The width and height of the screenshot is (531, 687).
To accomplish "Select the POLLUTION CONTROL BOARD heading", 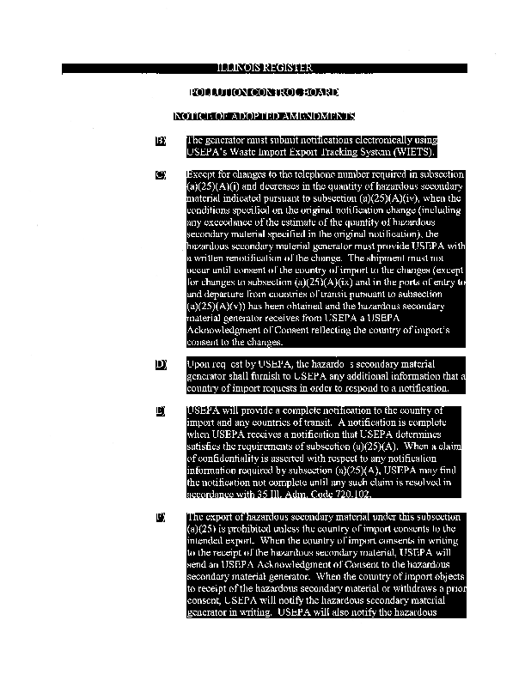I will [x=264, y=92].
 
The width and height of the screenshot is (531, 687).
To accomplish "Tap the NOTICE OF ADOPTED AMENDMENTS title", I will [x=264, y=116].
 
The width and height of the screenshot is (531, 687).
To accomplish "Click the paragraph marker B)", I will [x=160, y=140].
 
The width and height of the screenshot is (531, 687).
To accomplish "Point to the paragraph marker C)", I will [x=160, y=174].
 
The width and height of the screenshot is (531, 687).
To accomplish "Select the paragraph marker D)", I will [x=160, y=364].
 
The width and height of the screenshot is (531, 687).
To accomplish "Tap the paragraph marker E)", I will [x=160, y=411].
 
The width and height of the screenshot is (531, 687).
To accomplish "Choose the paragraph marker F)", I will [x=160, y=517].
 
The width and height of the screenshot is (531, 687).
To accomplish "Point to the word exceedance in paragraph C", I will [x=227, y=222].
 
